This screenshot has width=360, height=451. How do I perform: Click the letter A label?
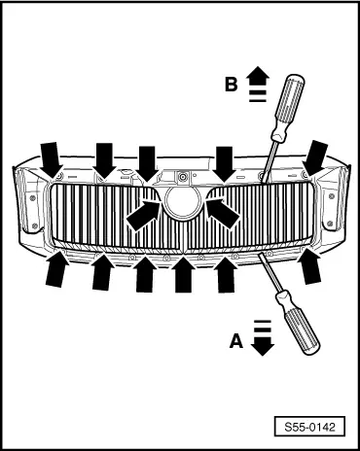(x=234, y=340)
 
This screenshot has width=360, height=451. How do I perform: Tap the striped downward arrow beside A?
(x=260, y=340)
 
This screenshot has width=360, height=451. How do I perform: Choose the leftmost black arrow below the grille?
(x=55, y=268)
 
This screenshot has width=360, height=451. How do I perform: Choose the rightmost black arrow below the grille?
(x=309, y=266)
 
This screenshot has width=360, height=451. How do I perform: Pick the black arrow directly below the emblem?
(x=183, y=275)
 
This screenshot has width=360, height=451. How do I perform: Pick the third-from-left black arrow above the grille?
(x=146, y=161)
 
